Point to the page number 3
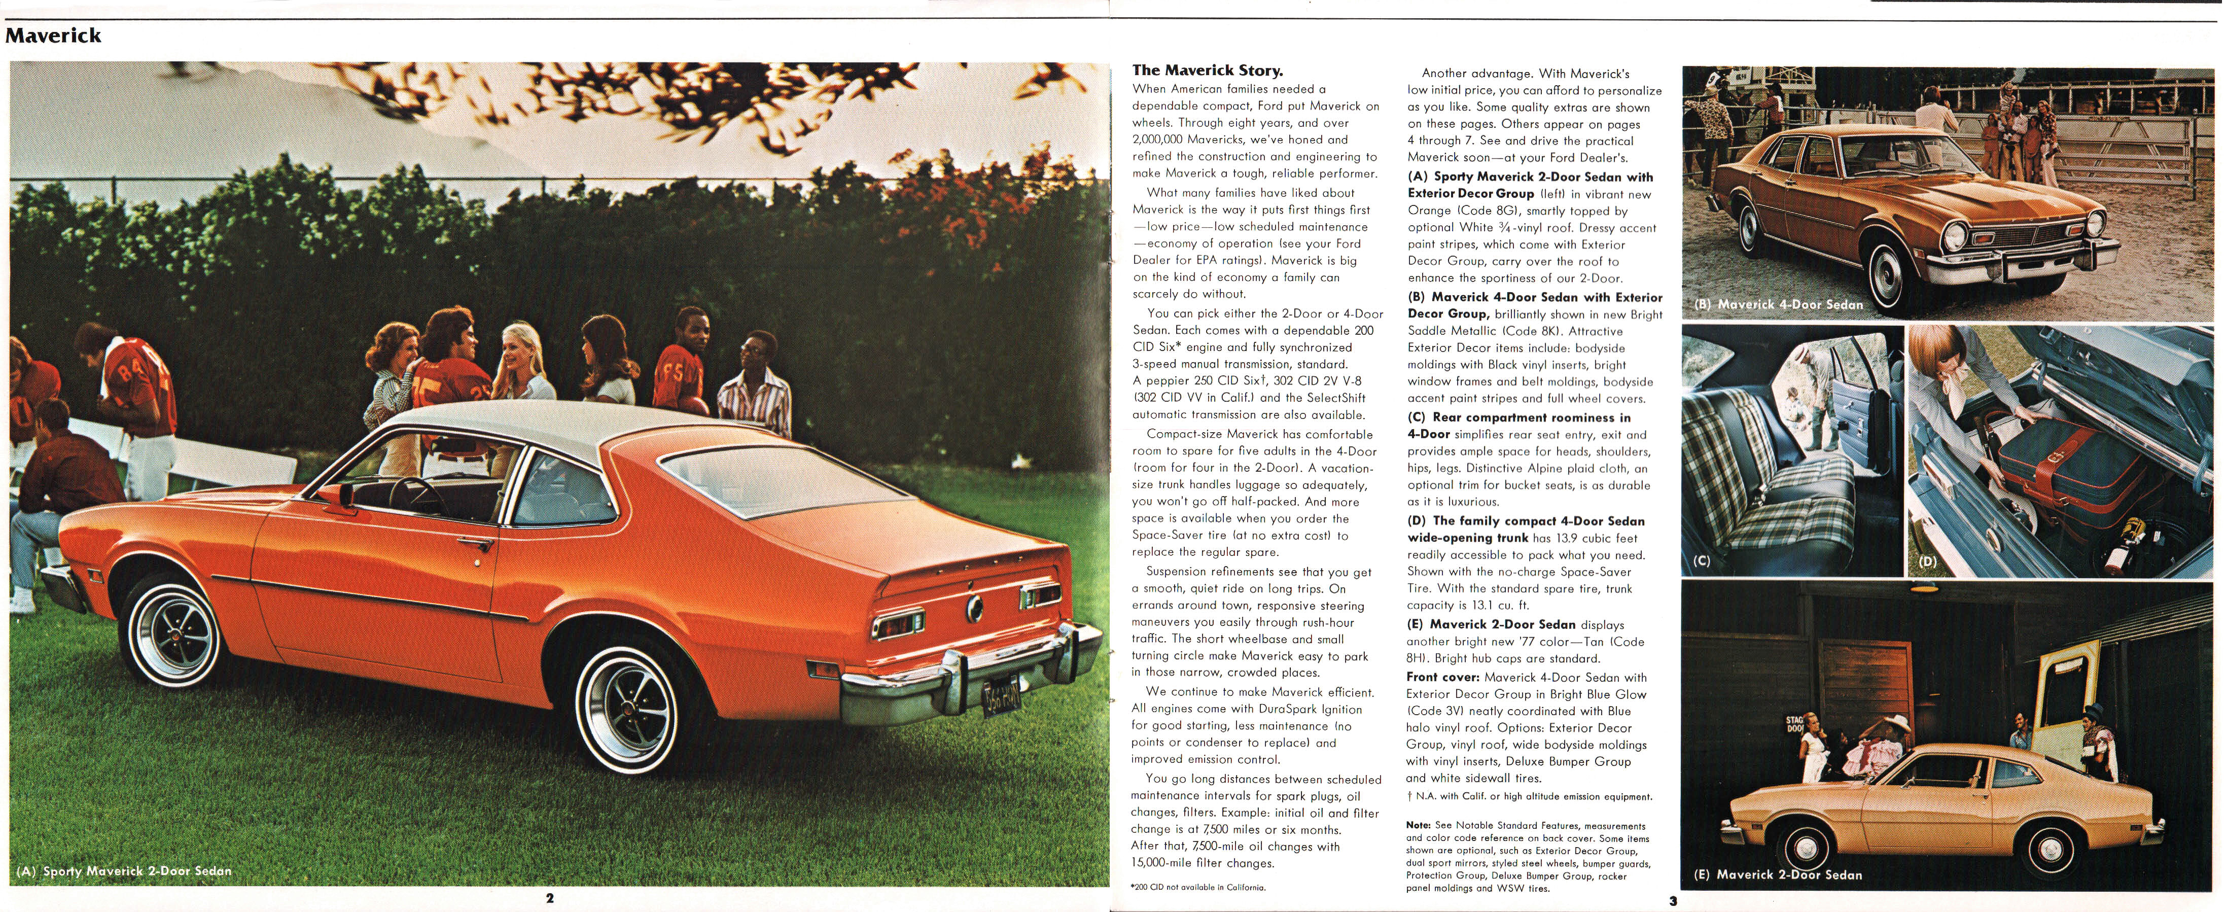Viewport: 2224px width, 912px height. pos(1672,901)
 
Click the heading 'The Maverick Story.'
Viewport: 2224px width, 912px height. pos(1207,71)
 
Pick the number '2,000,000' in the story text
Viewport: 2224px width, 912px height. pos(1162,139)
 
